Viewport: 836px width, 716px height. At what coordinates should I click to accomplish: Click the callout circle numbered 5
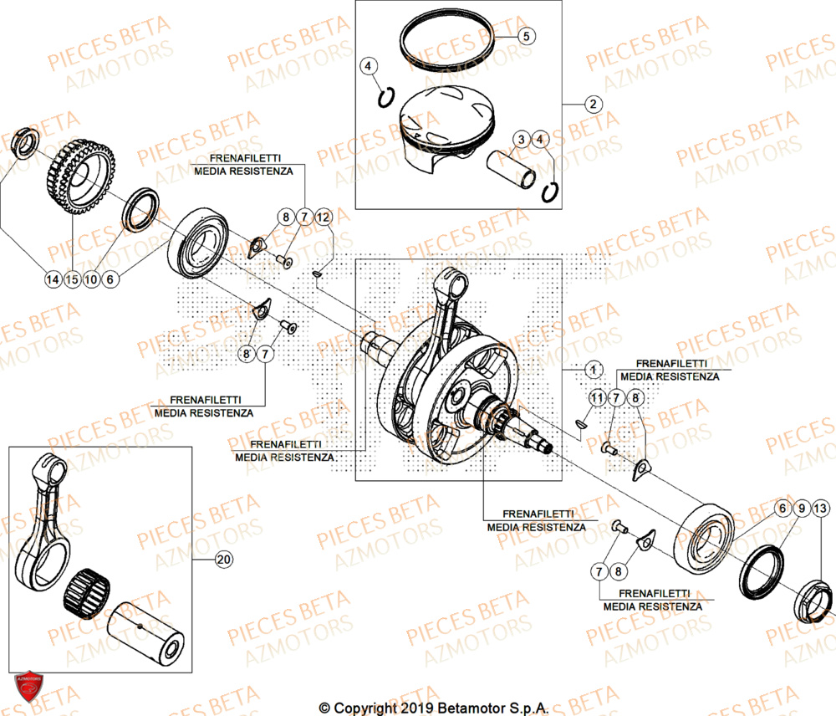527,36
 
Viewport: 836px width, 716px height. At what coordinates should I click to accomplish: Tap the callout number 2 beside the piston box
592,105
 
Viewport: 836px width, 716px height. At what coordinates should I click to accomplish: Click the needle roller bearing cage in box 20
85,587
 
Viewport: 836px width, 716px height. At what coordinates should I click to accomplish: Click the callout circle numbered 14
53,279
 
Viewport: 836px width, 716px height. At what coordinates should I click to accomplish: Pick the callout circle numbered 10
91,279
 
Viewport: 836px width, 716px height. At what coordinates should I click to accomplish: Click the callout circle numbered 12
324,217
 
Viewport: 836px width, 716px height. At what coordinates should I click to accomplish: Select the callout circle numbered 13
821,509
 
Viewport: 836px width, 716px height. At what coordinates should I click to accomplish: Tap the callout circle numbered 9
801,509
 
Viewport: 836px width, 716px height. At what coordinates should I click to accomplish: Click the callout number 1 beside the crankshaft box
592,368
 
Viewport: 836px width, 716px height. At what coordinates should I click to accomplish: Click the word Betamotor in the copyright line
467,708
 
